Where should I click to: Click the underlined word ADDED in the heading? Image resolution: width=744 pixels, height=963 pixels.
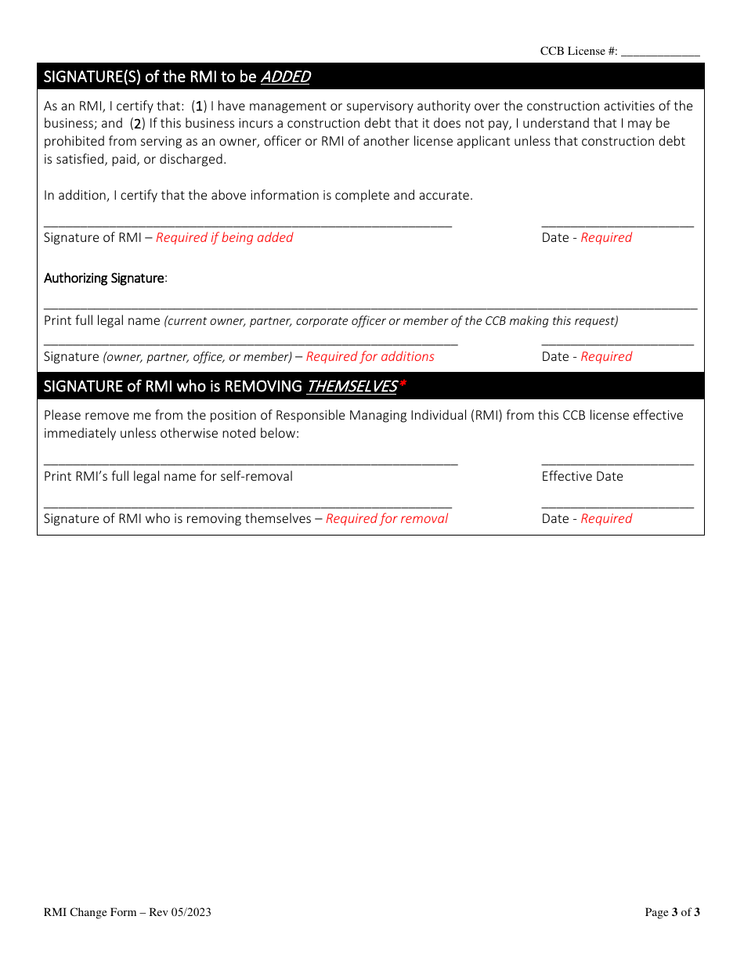285,77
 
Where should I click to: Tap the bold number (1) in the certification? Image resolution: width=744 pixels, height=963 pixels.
200,106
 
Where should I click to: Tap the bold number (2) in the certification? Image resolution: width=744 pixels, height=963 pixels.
138,124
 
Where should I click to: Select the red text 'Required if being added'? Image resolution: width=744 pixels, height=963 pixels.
224,238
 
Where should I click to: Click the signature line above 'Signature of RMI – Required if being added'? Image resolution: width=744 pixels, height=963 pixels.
247,225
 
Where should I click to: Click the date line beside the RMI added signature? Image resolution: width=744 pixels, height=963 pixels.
617,225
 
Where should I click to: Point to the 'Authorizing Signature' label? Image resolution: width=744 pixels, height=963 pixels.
104,278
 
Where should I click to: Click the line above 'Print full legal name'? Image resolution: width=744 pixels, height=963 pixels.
370,308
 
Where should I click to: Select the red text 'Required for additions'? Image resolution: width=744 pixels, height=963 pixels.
370,357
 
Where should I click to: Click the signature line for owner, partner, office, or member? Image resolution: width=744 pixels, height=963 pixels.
251,344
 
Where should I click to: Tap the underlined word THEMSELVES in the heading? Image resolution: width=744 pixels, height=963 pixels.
351,386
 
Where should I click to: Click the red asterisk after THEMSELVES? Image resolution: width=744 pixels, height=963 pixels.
403,384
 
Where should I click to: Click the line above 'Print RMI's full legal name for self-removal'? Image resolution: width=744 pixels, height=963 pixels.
251,464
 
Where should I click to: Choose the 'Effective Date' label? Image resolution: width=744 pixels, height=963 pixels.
582,476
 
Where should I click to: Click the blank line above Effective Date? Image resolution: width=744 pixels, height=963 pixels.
617,464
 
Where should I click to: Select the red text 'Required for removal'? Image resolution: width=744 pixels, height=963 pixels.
387,518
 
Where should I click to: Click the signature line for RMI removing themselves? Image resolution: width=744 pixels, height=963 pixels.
247,507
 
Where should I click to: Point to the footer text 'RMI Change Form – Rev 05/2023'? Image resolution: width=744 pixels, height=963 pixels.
127,912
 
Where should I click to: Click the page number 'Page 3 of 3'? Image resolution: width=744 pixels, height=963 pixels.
672,912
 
